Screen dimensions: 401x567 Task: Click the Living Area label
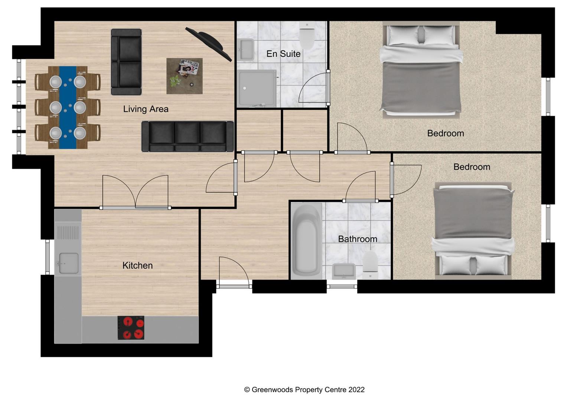click(146, 109)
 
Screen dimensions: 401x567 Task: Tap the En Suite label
click(283, 54)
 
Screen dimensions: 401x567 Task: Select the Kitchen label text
click(137, 265)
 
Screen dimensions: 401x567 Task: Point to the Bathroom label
click(357, 239)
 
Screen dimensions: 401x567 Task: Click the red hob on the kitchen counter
click(131, 328)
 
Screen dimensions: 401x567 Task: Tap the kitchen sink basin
click(68, 263)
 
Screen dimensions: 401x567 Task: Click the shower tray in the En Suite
click(257, 88)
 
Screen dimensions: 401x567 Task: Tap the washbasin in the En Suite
click(245, 49)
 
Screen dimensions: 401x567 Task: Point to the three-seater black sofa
click(188, 137)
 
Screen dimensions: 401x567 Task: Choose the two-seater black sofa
click(126, 62)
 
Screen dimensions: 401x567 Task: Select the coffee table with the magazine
click(185, 76)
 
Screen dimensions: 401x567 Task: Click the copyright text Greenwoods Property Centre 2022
click(304, 389)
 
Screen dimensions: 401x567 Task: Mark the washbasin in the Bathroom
click(343, 271)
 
